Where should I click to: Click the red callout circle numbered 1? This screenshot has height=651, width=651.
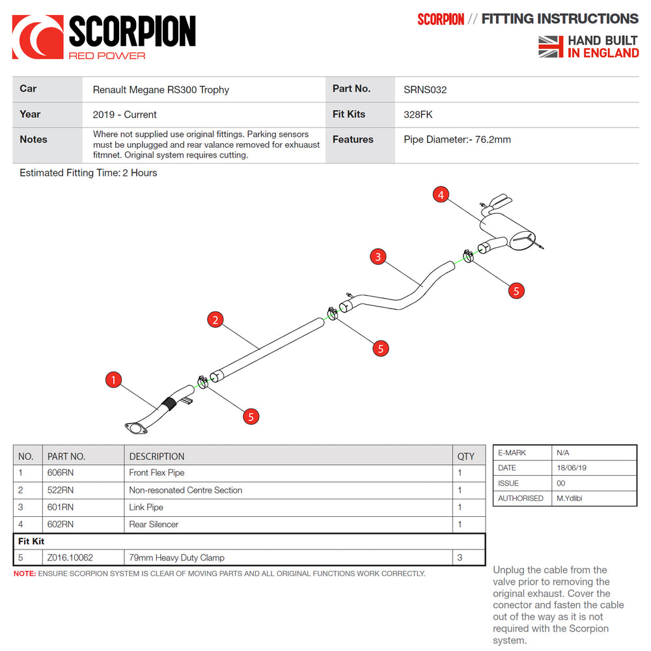(114, 380)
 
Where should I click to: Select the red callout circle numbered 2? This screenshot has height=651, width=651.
(215, 320)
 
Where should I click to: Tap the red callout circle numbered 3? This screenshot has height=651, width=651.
(378, 256)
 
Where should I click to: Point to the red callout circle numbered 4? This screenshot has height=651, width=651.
(441, 195)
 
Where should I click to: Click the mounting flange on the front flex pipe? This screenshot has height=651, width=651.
(135, 428)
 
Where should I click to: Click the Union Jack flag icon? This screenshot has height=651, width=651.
(551, 47)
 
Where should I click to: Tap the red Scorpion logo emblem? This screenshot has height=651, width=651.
(38, 38)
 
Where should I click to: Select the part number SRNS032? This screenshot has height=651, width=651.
(425, 90)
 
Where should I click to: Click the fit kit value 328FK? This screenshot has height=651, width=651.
(418, 115)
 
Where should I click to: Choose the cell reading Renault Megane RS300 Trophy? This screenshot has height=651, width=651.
(161, 90)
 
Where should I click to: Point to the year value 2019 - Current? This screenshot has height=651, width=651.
(124, 115)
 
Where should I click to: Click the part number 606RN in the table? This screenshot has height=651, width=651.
(61, 473)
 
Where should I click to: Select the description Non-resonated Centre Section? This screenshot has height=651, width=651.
(186, 490)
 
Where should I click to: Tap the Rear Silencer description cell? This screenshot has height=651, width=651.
(154, 524)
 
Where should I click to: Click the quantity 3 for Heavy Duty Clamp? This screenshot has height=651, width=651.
(460, 558)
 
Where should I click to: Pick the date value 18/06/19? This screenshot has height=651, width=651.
(570, 468)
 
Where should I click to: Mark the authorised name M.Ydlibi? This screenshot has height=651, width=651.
(572, 498)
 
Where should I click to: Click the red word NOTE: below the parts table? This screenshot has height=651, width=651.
(25, 574)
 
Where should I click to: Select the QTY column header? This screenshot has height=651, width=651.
(466, 456)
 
